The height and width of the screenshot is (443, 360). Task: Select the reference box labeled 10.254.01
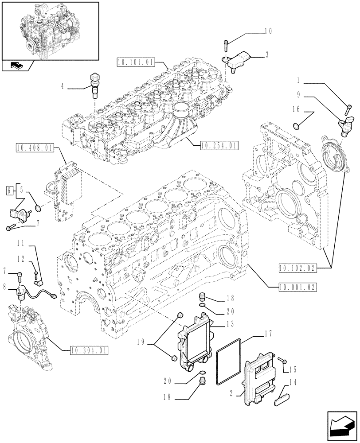[219, 145]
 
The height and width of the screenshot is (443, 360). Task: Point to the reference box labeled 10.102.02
[297, 267]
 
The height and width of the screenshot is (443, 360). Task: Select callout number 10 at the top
[268, 31]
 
